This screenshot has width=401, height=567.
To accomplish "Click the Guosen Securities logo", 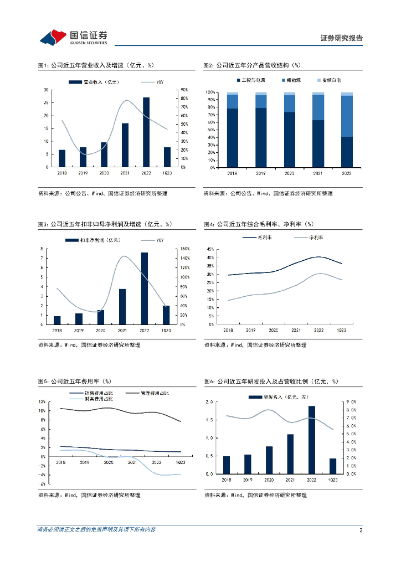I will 74,37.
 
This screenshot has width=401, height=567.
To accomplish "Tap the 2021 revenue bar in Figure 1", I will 125,145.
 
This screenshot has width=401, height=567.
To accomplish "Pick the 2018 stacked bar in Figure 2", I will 233,130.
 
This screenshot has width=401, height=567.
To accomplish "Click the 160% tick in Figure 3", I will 184,249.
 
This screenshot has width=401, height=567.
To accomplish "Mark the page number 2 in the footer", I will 361,530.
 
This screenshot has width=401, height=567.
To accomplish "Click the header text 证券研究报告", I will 342,38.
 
